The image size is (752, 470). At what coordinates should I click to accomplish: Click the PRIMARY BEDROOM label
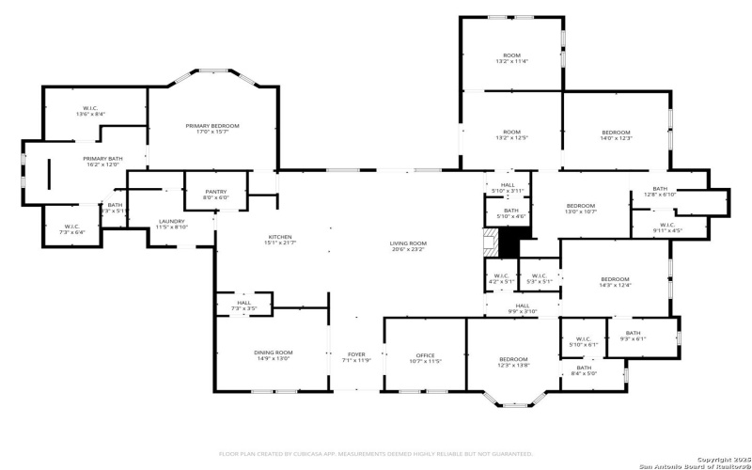[x=212, y=126]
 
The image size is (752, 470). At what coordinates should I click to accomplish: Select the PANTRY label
[x=216, y=192]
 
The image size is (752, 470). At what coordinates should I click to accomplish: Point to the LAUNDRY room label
[x=171, y=221]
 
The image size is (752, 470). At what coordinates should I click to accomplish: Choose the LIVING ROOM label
[x=408, y=244]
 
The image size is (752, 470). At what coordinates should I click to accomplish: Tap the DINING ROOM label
[x=273, y=352]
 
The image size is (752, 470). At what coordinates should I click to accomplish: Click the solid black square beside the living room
[x=508, y=244]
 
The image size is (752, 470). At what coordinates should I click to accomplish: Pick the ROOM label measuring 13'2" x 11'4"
[x=511, y=55]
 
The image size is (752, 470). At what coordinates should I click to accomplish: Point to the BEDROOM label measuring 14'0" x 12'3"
[x=617, y=133]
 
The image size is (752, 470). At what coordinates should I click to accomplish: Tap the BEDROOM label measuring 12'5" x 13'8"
[x=513, y=359]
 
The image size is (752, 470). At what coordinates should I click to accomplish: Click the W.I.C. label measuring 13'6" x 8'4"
[x=90, y=108]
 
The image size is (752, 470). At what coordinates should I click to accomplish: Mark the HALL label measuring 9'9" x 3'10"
[x=522, y=305]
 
